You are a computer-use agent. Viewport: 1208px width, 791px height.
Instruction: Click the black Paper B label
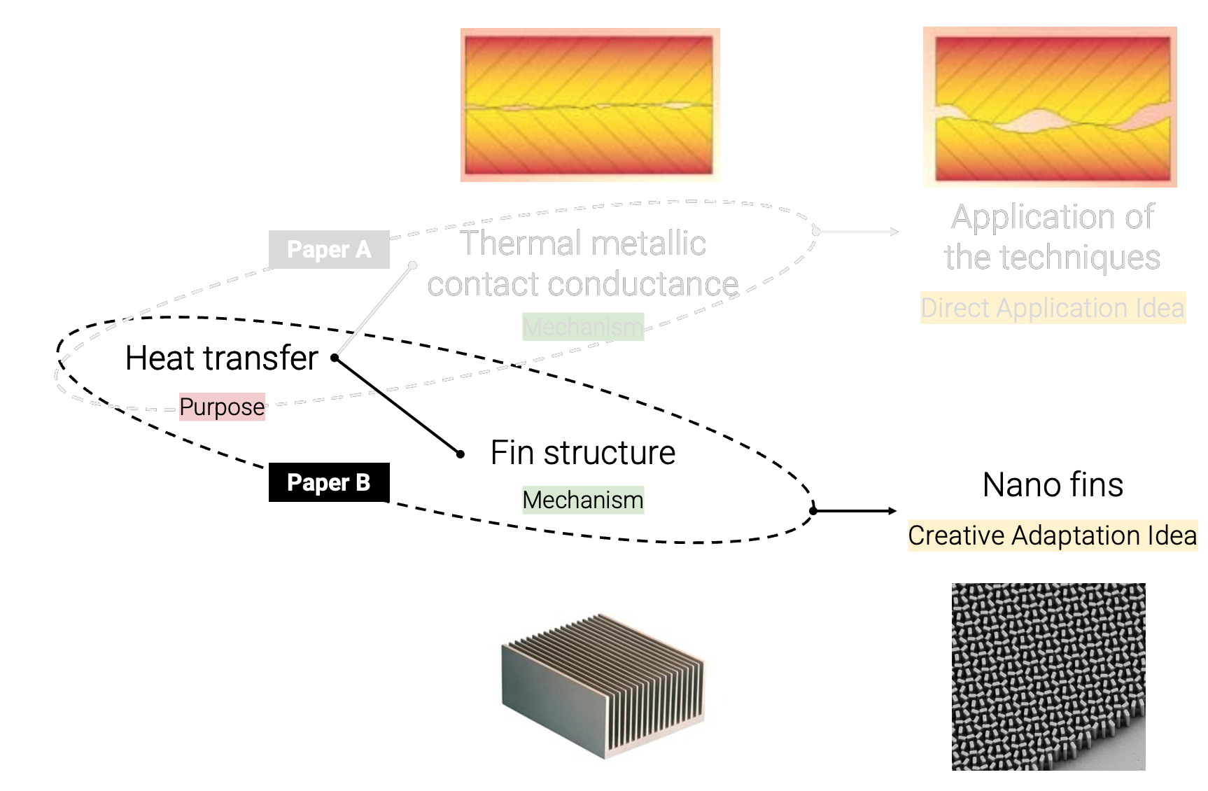[328, 482]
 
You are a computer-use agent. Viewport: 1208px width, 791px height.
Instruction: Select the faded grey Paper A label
[328, 249]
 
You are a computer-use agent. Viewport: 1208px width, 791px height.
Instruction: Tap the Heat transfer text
[221, 358]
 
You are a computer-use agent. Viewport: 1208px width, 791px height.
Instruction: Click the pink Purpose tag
[222, 407]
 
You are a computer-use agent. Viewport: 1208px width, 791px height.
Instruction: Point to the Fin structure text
[582, 452]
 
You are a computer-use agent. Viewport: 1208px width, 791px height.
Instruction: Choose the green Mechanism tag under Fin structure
[582, 500]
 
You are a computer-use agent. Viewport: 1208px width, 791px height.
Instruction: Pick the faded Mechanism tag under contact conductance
[582, 326]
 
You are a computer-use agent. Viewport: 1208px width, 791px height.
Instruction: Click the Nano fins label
[1053, 484]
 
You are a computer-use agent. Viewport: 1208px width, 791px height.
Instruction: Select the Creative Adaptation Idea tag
[1052, 535]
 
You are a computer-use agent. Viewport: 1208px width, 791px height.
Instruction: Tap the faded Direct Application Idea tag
[1052, 308]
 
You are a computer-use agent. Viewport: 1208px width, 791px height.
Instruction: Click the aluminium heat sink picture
[603, 686]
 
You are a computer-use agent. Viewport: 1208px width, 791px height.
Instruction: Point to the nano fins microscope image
[1048, 676]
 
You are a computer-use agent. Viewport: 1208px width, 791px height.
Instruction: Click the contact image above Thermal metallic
[589, 105]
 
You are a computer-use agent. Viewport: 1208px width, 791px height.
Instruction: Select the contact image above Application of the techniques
[1050, 106]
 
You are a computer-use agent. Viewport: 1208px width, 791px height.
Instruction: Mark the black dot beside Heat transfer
[335, 358]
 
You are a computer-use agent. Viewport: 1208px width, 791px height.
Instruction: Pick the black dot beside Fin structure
[461, 454]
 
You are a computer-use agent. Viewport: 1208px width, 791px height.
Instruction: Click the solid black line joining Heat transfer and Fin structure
[398, 406]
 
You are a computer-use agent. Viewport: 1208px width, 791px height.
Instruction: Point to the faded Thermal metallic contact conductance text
[582, 264]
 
